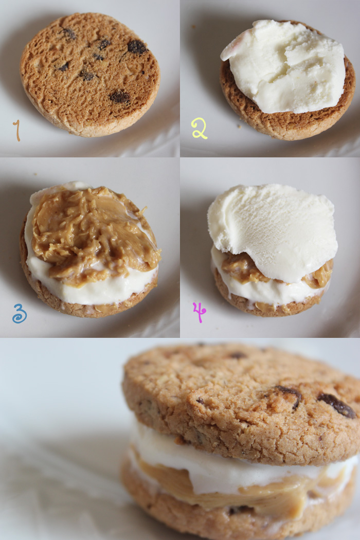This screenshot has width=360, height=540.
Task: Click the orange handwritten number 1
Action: coord(17,131)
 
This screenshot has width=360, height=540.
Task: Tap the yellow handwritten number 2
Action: coord(199,128)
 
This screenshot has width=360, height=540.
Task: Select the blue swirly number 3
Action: coord(20,313)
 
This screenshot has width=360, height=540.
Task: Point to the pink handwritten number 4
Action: coord(200,312)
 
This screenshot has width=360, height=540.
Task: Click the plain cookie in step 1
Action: coord(90,75)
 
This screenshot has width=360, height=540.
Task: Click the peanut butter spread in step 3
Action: coord(94,234)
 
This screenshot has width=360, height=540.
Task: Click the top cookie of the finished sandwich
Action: coord(241,403)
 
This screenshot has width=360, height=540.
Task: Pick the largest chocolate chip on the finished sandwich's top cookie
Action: coord(336,405)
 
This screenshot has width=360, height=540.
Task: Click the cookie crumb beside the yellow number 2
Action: coord(240,127)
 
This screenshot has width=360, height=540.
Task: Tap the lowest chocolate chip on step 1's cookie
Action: coord(119,97)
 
